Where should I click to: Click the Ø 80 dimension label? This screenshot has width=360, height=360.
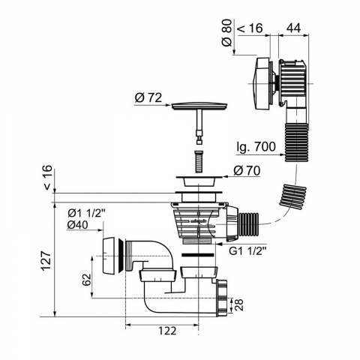[x=227, y=33]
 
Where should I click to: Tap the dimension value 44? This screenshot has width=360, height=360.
[x=293, y=28]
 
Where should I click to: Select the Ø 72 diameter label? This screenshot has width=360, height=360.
[x=148, y=97]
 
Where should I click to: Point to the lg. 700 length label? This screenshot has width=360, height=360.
[x=256, y=147]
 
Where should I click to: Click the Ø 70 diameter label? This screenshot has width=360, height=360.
[x=247, y=171]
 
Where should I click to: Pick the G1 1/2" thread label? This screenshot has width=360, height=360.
[x=247, y=251]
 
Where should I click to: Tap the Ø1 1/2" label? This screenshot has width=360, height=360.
[x=87, y=213]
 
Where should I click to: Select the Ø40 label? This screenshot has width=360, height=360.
[x=77, y=225]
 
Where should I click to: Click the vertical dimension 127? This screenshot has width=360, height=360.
[x=46, y=259]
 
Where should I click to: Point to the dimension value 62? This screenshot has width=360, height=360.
[x=86, y=280]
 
